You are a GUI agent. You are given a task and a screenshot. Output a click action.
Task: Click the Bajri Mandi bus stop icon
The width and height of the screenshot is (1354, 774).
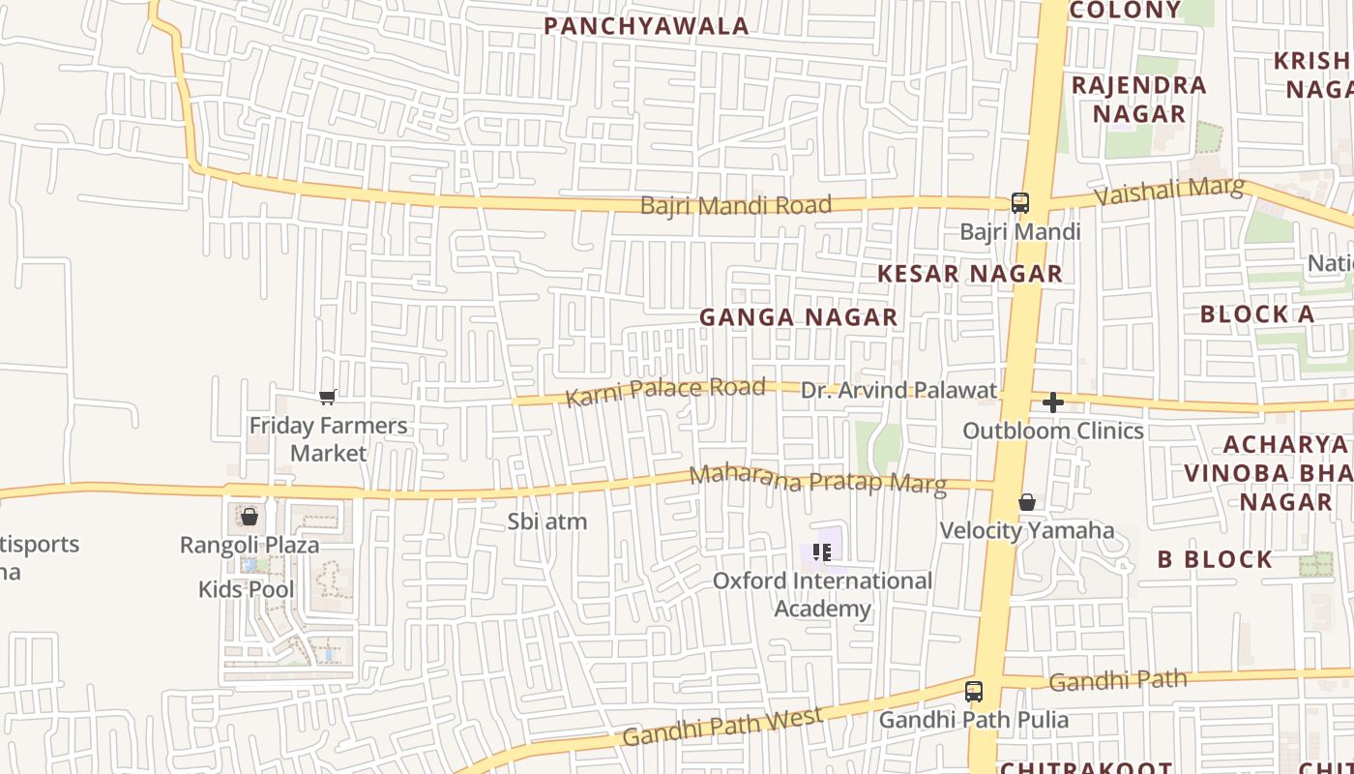pyautogui.click(x=1020, y=202)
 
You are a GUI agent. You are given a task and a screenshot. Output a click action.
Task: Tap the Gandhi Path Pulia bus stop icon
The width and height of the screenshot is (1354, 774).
pyautogui.click(x=974, y=692)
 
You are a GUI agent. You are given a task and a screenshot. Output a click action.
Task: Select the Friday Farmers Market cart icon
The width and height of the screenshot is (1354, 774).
pyautogui.click(x=328, y=397)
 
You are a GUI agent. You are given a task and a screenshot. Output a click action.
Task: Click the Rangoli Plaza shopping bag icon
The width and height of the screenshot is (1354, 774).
pyautogui.click(x=250, y=517)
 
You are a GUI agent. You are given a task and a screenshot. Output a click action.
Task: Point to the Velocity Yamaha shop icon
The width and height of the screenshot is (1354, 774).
pyautogui.click(x=1027, y=502)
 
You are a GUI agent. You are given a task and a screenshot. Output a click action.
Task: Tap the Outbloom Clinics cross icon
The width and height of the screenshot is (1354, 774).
pyautogui.click(x=1053, y=402)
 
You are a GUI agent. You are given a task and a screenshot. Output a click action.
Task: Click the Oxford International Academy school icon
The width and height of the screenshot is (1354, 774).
pyautogui.click(x=822, y=552)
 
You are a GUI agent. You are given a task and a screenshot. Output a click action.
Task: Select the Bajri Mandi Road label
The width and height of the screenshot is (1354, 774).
pyautogui.click(x=735, y=205)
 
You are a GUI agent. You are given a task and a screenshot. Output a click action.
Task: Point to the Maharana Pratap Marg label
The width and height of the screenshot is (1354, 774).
pyautogui.click(x=817, y=479)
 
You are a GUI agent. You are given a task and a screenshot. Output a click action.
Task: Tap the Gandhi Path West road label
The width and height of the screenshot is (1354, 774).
pyautogui.click(x=722, y=727)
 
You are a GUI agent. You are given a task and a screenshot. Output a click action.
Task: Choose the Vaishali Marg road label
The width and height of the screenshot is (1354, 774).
pyautogui.click(x=1168, y=191)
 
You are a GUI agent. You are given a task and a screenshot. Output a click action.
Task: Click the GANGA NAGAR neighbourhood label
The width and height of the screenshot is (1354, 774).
pyautogui.click(x=798, y=317)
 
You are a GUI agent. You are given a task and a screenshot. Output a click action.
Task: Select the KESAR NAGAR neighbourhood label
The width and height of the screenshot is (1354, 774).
pyautogui.click(x=969, y=274)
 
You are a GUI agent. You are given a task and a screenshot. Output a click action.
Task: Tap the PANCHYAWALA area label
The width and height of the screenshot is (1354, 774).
pyautogui.click(x=646, y=26)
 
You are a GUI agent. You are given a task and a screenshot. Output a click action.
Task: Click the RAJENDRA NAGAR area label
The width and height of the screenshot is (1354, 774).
pyautogui.click(x=1139, y=99)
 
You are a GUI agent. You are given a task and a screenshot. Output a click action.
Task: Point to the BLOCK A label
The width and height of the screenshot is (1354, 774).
pyautogui.click(x=1256, y=314)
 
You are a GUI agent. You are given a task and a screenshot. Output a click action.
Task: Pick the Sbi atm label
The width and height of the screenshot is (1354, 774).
pyautogui.click(x=547, y=521)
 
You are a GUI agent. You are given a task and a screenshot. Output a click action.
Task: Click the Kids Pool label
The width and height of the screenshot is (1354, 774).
pyautogui.click(x=246, y=589)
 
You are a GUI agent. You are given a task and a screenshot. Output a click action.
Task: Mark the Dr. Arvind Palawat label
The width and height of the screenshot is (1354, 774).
pyautogui.click(x=898, y=390)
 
